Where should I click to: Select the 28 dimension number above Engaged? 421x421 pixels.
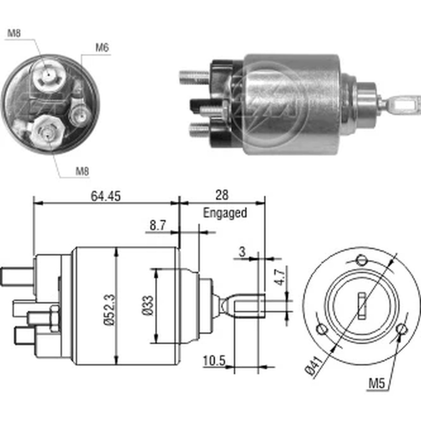(222, 195)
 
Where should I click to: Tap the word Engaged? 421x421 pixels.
(225, 213)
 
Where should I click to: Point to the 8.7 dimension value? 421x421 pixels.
(157, 226)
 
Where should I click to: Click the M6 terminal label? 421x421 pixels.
(101, 48)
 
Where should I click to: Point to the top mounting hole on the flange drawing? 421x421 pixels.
(361, 260)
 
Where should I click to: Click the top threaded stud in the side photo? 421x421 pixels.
(194, 77)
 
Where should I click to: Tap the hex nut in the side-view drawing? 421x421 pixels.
(54, 318)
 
